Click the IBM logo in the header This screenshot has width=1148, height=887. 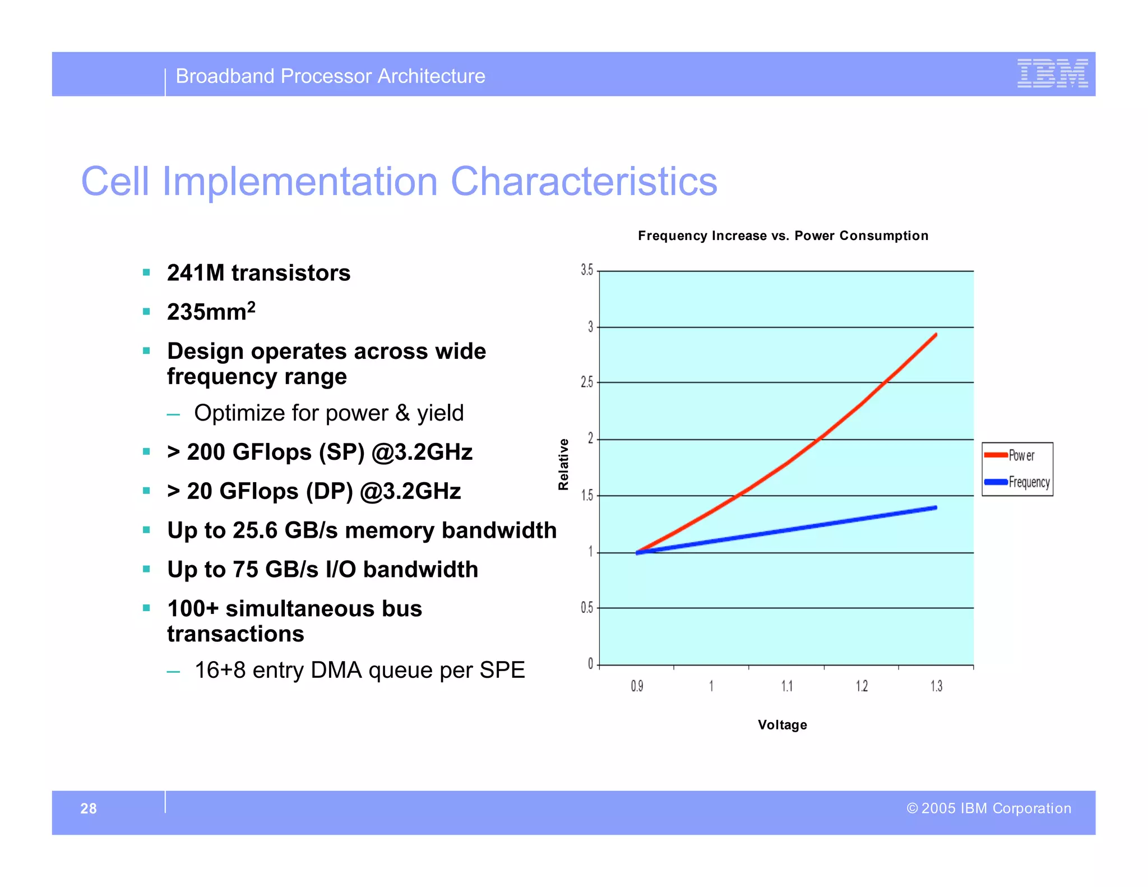pyautogui.click(x=1052, y=73)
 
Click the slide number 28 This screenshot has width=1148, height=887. pyautogui.click(x=89, y=808)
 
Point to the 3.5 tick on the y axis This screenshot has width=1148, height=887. pyautogui.click(x=587, y=270)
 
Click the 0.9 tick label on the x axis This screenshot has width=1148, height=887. pyautogui.click(x=637, y=686)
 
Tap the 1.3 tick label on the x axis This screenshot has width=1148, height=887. pyautogui.click(x=936, y=686)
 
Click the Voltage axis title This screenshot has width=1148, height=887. pyautogui.click(x=782, y=724)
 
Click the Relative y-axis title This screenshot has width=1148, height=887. pyautogui.click(x=563, y=464)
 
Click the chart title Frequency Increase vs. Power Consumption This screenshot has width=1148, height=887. pyautogui.click(x=783, y=235)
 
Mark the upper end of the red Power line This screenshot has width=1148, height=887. pyautogui.click(x=936, y=335)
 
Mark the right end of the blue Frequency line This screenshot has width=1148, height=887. pyautogui.click(x=936, y=508)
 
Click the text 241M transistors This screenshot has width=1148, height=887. pyautogui.click(x=258, y=273)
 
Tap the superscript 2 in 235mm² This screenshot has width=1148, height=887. pyautogui.click(x=252, y=306)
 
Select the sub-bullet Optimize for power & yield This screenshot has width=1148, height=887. pyautogui.click(x=328, y=413)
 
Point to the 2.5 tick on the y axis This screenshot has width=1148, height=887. pyautogui.click(x=587, y=382)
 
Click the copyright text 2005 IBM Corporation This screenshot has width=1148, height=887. pyautogui.click(x=996, y=808)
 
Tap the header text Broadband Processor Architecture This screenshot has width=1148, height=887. pyautogui.click(x=330, y=76)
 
